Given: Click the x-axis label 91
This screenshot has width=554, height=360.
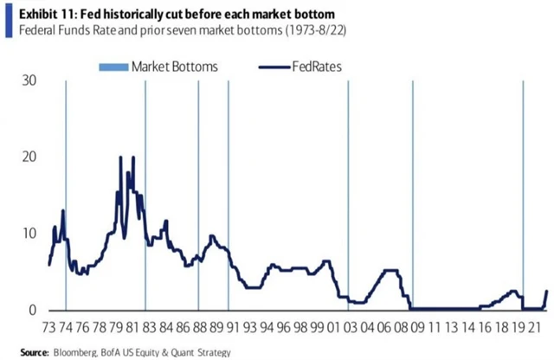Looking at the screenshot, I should pyautogui.click(x=233, y=330).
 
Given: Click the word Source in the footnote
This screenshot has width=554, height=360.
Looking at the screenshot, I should pyautogui.click(x=35, y=353).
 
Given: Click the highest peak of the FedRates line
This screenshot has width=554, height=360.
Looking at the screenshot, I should pyautogui.click(x=120, y=157).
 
